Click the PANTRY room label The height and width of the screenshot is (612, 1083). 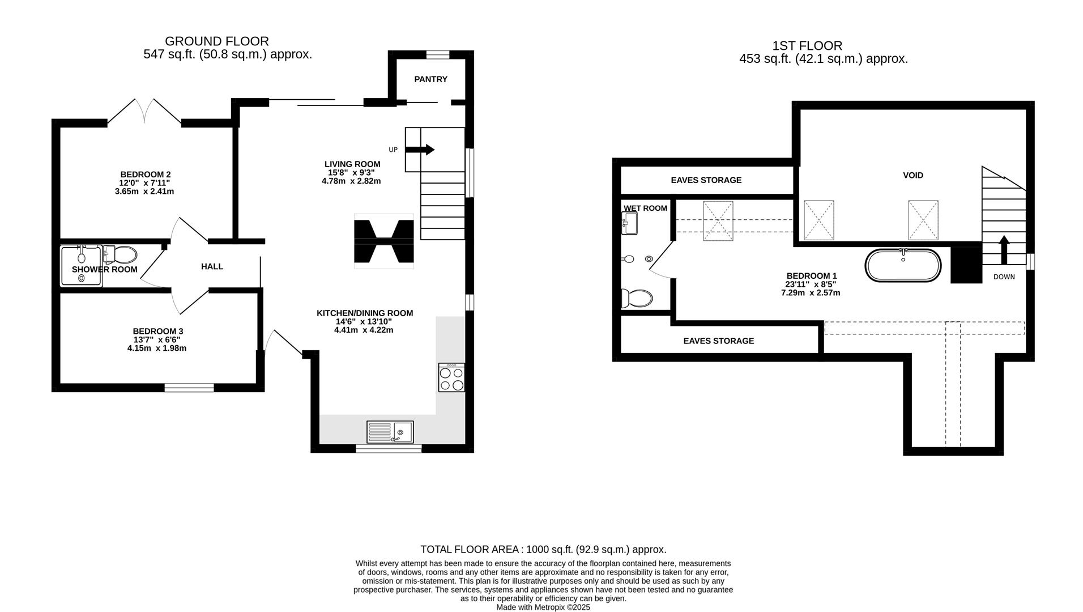[x=430, y=79]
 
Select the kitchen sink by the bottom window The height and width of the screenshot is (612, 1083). [x=390, y=432]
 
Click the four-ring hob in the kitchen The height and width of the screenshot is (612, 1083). [x=451, y=378]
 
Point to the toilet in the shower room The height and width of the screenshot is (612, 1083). [x=121, y=255]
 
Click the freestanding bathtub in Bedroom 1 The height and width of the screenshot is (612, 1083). [x=903, y=265]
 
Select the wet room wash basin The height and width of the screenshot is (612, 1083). [x=629, y=223]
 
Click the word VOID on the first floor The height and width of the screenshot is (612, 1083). [x=913, y=176]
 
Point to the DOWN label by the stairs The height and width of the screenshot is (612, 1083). [x=1004, y=277]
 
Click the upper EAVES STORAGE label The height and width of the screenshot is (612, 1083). [x=706, y=180]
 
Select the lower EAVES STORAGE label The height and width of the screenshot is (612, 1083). [x=718, y=341]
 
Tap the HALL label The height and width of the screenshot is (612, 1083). [x=212, y=266]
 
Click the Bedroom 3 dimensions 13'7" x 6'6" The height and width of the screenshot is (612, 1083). [x=157, y=340]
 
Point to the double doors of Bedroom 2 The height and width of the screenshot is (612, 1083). [x=144, y=111]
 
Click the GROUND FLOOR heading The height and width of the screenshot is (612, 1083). [x=216, y=41]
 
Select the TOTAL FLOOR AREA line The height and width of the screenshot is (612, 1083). [x=543, y=550]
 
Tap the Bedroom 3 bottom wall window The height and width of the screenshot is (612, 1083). [x=189, y=388]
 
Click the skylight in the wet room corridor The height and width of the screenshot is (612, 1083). [x=718, y=221]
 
